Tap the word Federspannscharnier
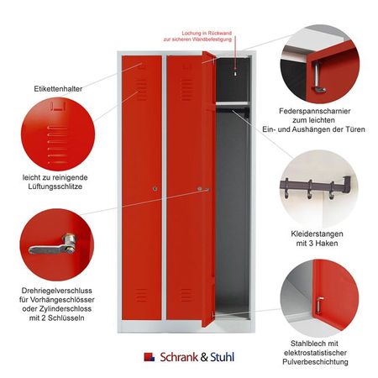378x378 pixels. click(319, 111)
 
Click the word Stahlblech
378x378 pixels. click(311, 343)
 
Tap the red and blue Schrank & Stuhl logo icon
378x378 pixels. click(148, 356)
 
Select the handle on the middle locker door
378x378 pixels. click(202, 190)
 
